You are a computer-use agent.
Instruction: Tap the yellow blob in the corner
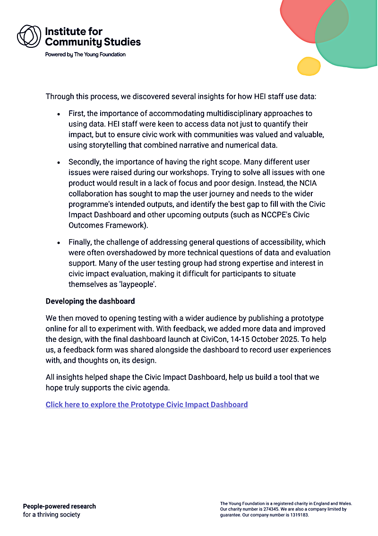coord(309,66)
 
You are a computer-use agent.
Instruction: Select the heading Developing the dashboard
coord(90,301)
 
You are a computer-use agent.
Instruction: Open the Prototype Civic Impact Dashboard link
coord(146,404)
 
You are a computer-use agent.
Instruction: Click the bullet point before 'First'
coord(58,114)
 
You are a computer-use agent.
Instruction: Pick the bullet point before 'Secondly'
coord(58,162)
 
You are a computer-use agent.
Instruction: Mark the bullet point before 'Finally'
coord(58,242)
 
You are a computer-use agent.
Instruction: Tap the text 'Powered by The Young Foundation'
coord(86,54)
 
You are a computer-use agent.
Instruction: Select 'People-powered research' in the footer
coord(60,506)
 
